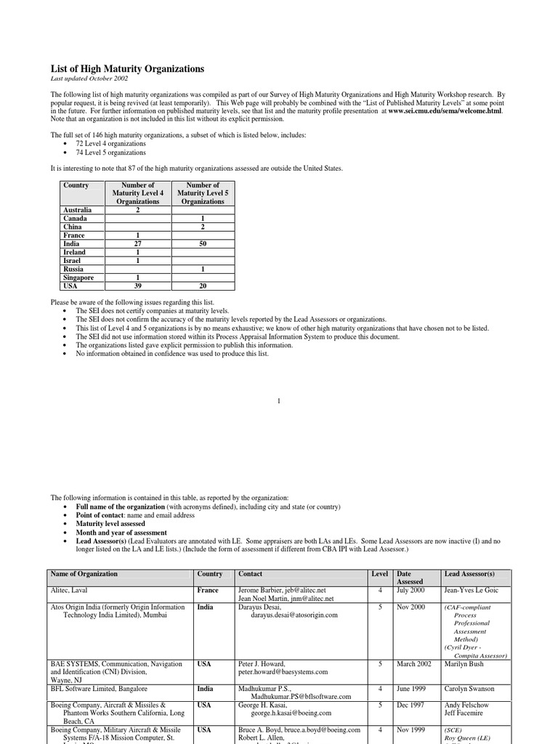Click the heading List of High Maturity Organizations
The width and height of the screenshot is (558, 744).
(x=127, y=69)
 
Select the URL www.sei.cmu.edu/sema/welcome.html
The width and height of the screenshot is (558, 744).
(x=445, y=111)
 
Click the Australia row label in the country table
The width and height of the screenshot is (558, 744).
(x=78, y=210)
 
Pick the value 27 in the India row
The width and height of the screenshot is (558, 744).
(x=137, y=244)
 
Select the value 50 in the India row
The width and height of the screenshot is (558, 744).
(x=203, y=244)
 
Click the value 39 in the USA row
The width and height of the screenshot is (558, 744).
(x=137, y=286)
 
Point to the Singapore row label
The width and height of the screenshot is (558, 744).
(x=79, y=278)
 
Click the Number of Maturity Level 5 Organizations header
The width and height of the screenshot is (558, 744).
(x=203, y=193)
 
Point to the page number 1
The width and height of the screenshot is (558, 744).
(x=279, y=401)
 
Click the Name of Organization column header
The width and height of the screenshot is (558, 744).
(x=84, y=574)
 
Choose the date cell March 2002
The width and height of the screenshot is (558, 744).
(x=414, y=664)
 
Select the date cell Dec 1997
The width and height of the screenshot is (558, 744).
(x=411, y=705)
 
